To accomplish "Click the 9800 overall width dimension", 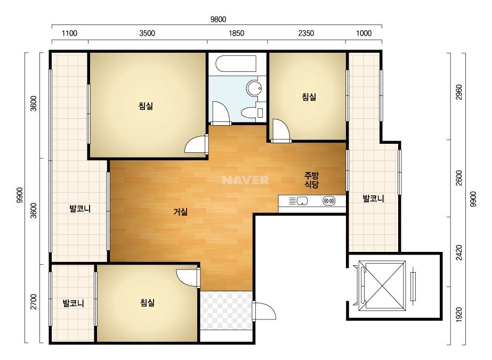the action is (218, 20).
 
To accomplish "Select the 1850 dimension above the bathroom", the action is (236, 33).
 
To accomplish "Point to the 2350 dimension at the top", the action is (306, 33).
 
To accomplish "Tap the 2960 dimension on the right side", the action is (458, 92).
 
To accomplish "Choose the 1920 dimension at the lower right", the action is (458, 315).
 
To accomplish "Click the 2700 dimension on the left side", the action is (33, 301).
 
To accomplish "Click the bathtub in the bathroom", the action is (236, 64).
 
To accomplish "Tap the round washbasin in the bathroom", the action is (254, 88).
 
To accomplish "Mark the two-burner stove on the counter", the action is (329, 201).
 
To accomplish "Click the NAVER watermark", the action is (245, 180).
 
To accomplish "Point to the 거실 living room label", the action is (180, 212).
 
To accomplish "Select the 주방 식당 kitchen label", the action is (312, 180).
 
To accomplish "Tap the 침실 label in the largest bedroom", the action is (146, 105).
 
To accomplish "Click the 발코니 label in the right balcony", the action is (373, 199).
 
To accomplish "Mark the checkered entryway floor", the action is (226, 310).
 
